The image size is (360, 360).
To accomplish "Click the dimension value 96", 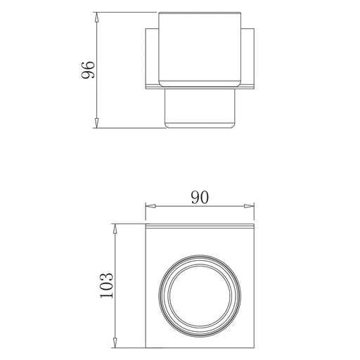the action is coord(88,70).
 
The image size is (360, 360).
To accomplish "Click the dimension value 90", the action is coord(200,198).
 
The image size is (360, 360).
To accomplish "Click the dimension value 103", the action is coord(107,285).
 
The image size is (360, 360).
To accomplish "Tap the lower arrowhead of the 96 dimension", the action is coord(96,123).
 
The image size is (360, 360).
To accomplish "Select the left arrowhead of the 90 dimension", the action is coord(150,206).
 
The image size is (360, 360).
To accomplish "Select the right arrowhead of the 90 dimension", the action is coord(249,206).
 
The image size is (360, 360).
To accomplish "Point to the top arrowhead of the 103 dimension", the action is coord(115,229).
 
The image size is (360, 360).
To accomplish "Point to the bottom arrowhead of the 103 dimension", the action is coord(115,342).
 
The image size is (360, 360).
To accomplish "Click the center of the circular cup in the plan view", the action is coord(200,296).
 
